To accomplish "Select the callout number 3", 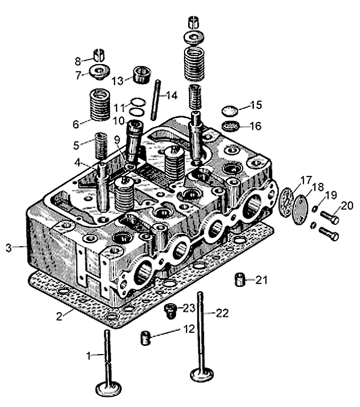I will [8, 248].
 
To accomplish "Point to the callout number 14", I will [171, 95].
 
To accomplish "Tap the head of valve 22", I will [200, 374].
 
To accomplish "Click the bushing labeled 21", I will [240, 280].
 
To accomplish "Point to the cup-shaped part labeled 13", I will [140, 74].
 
